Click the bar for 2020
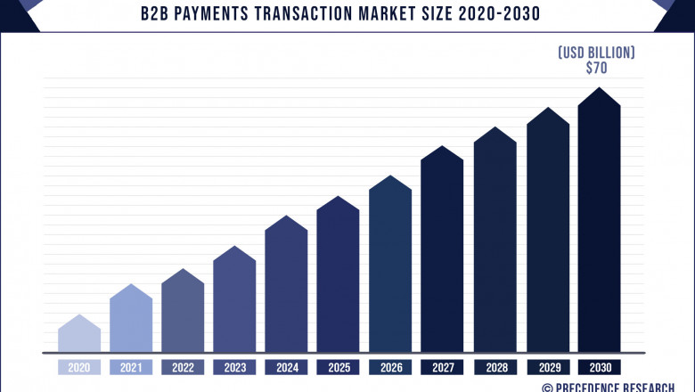[78, 335]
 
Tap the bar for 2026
[390, 267]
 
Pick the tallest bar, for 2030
[599, 223]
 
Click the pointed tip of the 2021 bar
[131, 286]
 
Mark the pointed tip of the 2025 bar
[339, 198]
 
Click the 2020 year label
[78, 366]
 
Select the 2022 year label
[183, 366]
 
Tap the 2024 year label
[286, 366]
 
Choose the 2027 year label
[442, 366]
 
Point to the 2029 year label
[547, 366]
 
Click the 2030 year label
[599, 366]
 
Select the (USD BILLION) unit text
[597, 53]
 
